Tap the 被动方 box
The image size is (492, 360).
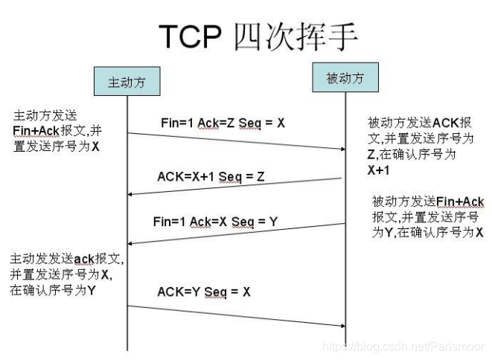coord(345,78)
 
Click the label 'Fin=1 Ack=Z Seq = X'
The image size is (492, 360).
coord(223,123)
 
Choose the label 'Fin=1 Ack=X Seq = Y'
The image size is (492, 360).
coord(214,221)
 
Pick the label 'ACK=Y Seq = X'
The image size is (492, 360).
coord(204,292)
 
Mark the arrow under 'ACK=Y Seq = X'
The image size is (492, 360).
coord(237,315)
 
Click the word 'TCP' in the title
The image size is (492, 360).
coord(192,36)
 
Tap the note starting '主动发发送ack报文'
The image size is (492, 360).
coord(66,274)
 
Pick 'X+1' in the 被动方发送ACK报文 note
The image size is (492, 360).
coord(380,170)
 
